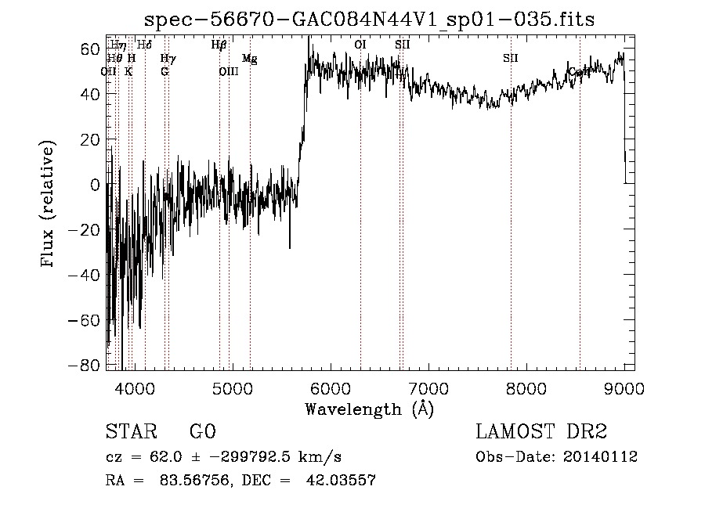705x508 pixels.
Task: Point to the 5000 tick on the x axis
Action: click(233, 386)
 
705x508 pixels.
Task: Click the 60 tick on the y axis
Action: click(91, 49)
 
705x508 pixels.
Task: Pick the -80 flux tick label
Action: click(85, 366)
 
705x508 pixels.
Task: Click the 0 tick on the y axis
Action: click(96, 185)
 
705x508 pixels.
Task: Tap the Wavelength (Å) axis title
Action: click(369, 409)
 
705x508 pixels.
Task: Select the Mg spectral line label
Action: click(249, 59)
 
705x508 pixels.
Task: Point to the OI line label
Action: click(360, 45)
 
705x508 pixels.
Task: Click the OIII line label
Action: click(228, 71)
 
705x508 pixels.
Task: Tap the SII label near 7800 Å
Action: click(511, 58)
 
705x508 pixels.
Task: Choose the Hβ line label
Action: click(219, 45)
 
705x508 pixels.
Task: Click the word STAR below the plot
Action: click(130, 432)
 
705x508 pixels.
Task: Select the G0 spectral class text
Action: click(202, 432)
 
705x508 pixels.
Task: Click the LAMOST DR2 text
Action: click(541, 432)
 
